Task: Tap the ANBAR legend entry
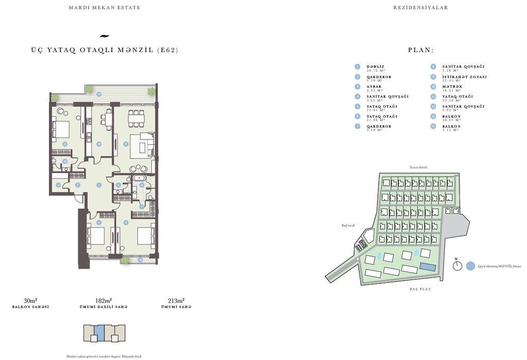374,87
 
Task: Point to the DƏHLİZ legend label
375,66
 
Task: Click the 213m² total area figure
176,300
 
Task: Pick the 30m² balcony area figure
30,300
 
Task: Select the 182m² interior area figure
103,300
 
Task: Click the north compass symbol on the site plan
457,266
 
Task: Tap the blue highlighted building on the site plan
427,266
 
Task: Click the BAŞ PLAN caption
420,289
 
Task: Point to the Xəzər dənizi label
418,167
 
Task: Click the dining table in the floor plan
136,118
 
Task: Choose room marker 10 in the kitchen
98,144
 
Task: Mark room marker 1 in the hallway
98,184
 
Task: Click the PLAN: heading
420,50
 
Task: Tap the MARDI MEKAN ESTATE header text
104,8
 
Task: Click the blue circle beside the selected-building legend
470,266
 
